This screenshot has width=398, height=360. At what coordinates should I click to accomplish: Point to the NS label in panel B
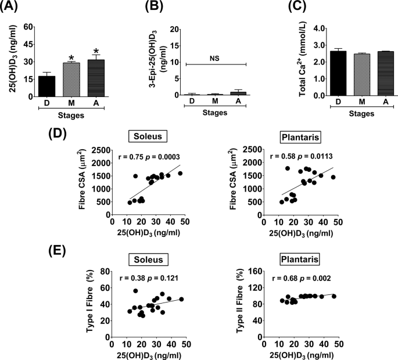pyautogui.click(x=215, y=55)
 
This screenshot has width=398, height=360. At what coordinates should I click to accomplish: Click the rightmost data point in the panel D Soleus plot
pyautogui.click(x=180, y=174)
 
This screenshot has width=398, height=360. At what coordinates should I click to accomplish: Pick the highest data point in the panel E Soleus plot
pyautogui.click(x=135, y=291)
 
